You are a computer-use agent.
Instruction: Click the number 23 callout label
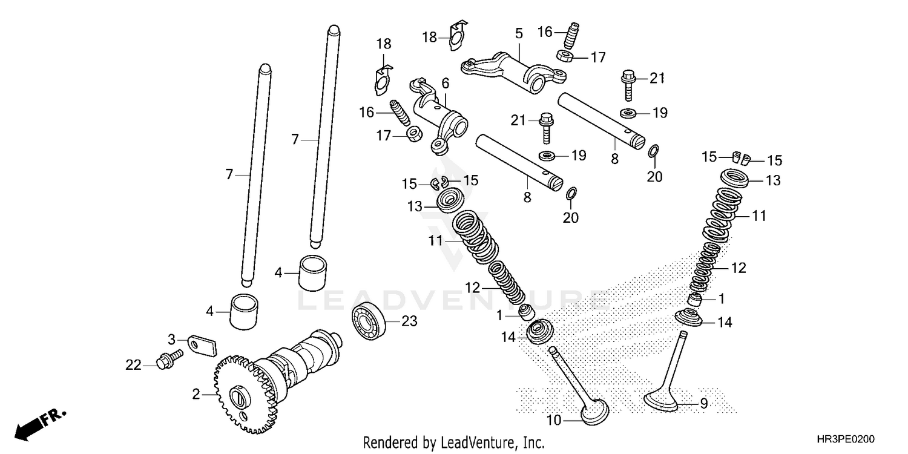click(409, 321)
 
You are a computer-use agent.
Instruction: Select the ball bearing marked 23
click(367, 321)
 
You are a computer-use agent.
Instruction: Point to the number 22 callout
click(133, 365)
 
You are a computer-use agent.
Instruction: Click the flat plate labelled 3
click(202, 345)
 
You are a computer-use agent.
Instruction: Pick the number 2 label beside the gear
click(196, 394)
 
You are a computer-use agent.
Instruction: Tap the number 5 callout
click(519, 33)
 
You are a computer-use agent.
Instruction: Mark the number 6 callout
click(446, 84)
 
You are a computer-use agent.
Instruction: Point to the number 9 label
click(703, 404)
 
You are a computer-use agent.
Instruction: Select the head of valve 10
click(595, 412)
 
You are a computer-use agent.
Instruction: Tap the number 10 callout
click(554, 420)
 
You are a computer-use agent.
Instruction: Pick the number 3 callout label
click(172, 339)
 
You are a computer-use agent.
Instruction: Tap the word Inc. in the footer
click(535, 442)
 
